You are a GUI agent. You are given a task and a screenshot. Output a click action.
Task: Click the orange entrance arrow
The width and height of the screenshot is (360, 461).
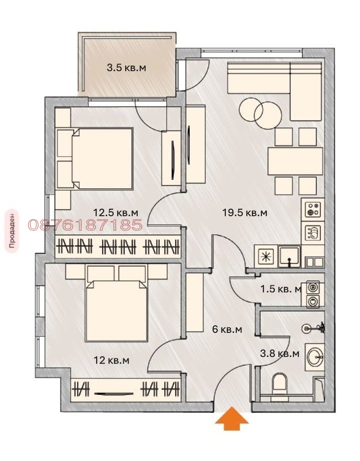232,418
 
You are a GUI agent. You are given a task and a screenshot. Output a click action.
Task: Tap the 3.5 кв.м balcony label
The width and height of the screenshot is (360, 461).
127,68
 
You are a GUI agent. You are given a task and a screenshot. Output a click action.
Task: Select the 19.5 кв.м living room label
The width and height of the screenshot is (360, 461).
245,213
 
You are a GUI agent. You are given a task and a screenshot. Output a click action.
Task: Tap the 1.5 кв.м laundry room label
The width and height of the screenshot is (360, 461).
281,289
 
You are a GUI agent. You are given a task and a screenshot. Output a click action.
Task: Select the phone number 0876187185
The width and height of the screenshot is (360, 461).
85,225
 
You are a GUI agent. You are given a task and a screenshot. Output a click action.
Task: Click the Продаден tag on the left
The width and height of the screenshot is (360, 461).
12,231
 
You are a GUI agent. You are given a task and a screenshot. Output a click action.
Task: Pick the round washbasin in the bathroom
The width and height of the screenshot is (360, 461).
314,356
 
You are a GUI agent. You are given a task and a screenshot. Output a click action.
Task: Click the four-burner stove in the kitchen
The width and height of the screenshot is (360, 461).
313,209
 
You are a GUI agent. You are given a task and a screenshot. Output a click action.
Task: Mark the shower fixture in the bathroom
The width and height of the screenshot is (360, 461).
313,329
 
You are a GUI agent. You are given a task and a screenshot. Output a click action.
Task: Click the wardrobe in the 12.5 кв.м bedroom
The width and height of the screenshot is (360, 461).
118,246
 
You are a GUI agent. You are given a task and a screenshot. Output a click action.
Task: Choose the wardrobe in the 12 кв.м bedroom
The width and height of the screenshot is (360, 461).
125,388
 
